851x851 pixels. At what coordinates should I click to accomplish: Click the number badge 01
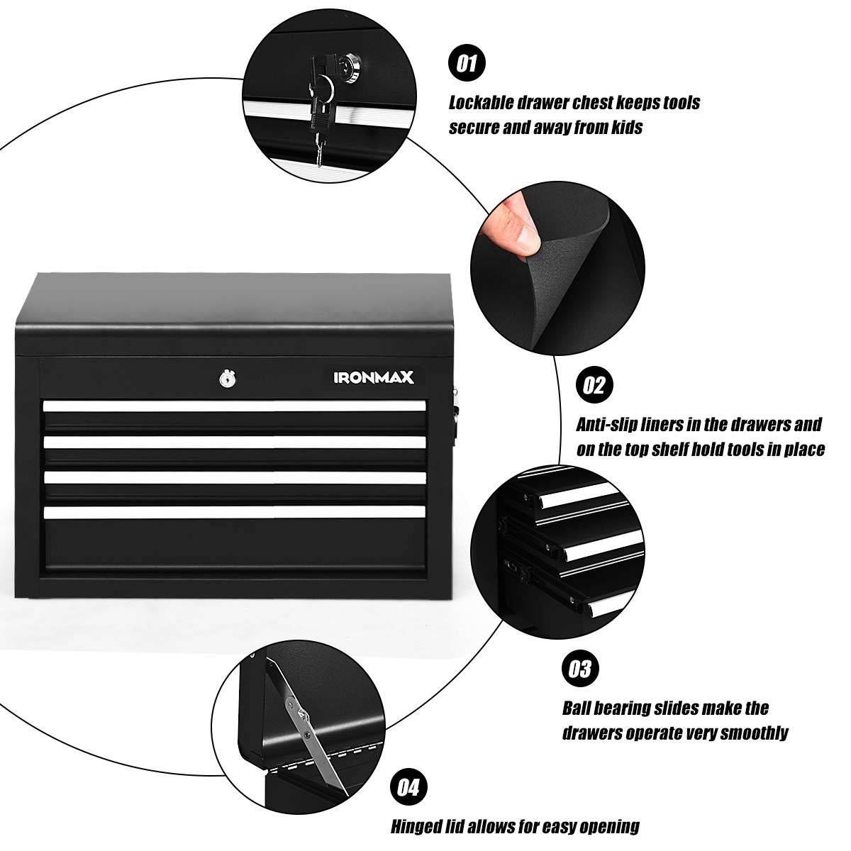466,65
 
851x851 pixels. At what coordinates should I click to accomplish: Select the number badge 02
594,385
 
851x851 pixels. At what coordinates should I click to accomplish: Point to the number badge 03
579,669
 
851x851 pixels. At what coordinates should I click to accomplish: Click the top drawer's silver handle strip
234,406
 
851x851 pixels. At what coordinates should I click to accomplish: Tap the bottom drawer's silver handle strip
234,511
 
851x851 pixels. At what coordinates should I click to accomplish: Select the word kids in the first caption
625,128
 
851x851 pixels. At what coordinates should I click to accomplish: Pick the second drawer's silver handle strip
234,442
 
